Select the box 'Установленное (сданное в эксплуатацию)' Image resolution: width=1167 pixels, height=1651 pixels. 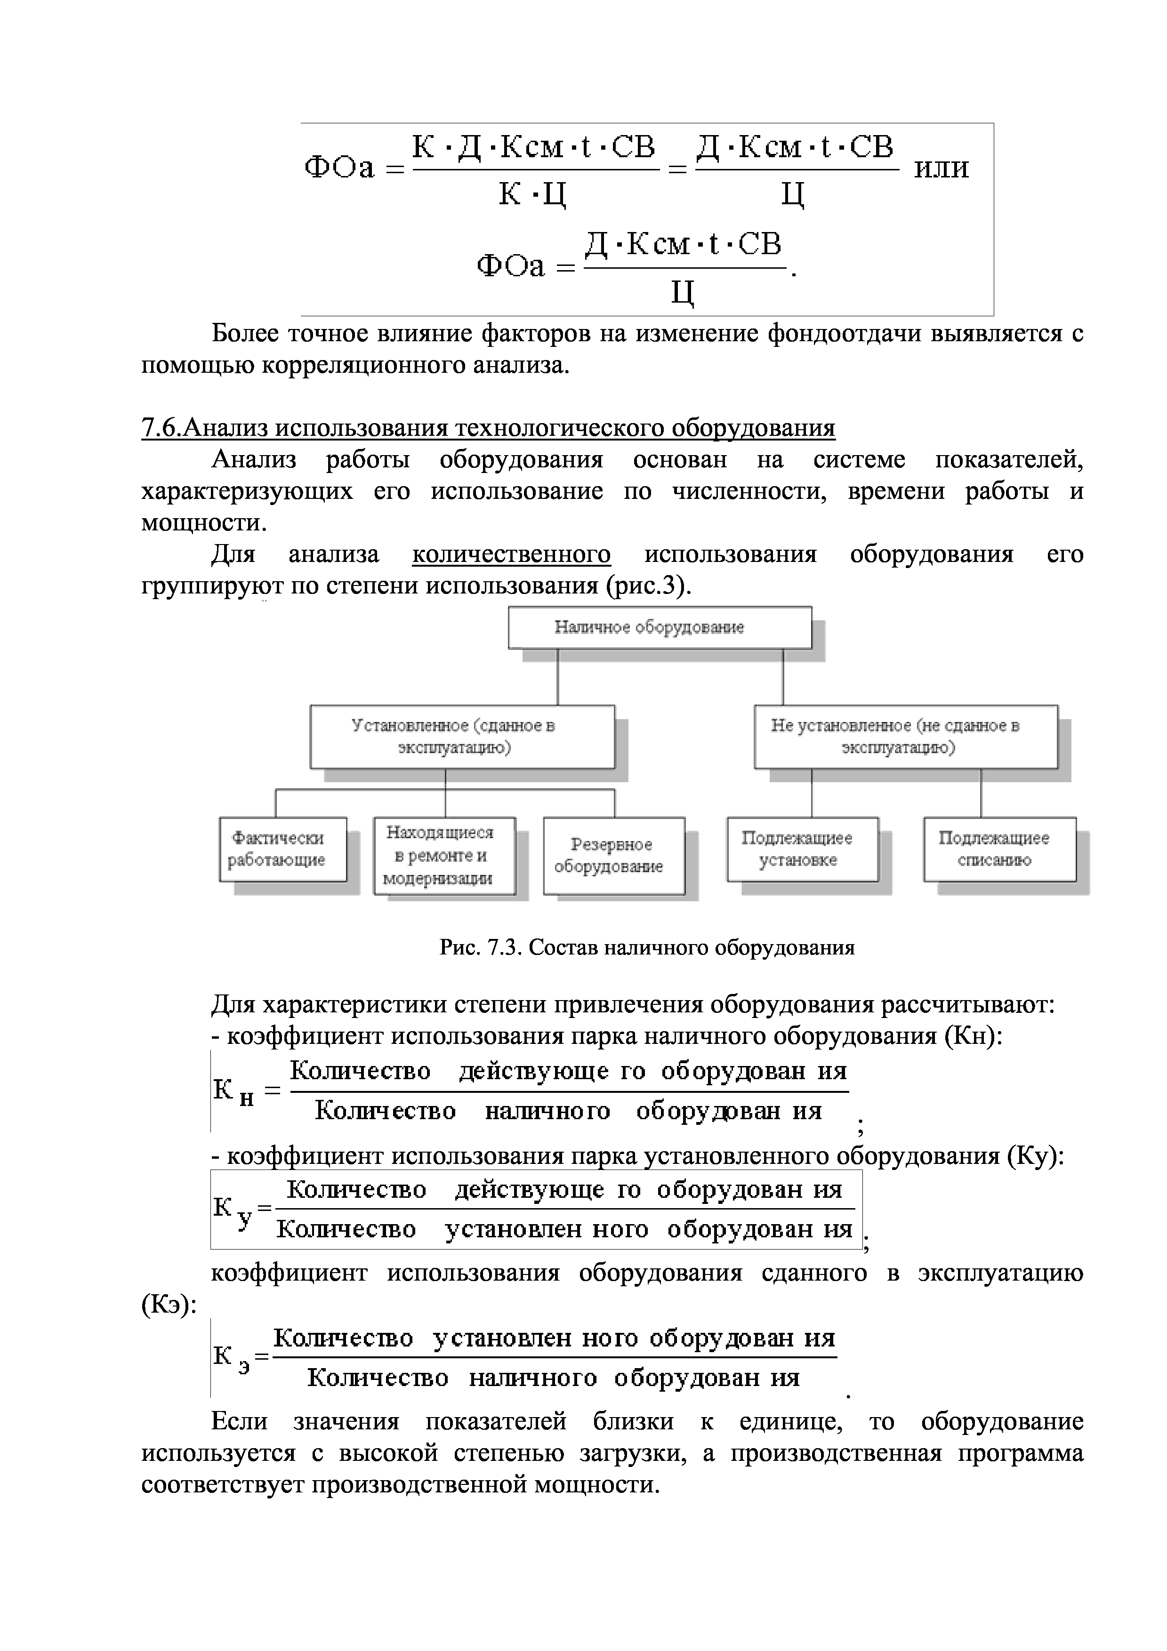pos(462,737)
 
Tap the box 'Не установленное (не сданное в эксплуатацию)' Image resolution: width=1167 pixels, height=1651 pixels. pos(905,737)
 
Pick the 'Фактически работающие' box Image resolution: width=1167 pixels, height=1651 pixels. pos(282,849)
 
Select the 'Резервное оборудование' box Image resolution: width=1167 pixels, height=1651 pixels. pos(613,855)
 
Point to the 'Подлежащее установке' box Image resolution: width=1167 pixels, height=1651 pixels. pos(803,849)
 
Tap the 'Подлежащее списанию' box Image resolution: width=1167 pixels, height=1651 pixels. pos(999,849)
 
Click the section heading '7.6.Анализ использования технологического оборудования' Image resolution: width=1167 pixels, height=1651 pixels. pos(488,429)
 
